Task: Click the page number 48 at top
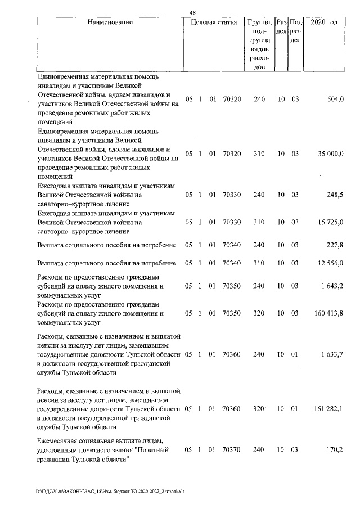pos(192,12)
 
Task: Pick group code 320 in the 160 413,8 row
pos(259,313)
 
